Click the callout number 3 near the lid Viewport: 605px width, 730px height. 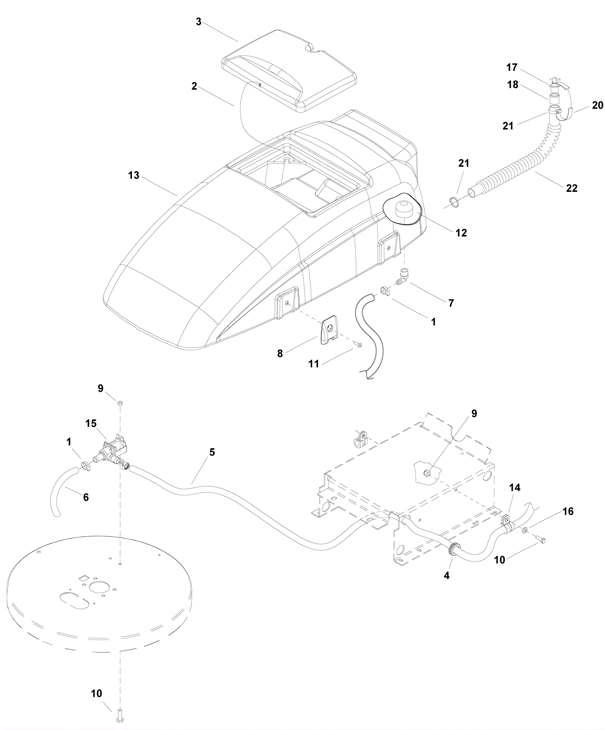[199, 22]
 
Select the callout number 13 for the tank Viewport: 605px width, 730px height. [134, 176]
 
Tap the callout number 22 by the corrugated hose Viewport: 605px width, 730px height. [572, 188]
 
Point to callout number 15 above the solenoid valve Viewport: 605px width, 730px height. [91, 423]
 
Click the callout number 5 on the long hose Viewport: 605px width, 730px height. [212, 452]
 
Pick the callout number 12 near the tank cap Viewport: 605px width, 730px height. [461, 233]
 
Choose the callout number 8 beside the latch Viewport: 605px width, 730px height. [280, 353]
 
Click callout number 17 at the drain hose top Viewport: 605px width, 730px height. [512, 67]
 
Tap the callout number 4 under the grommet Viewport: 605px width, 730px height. [447, 576]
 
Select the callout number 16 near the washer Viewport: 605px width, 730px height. [568, 512]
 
